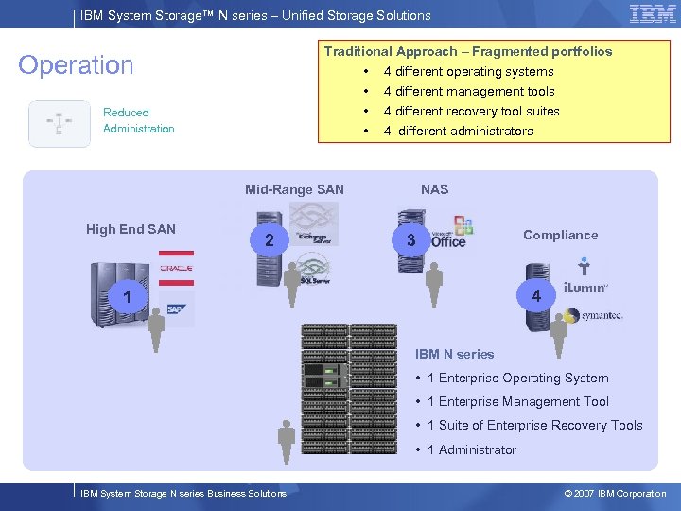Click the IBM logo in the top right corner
[653, 14]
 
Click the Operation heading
[77, 65]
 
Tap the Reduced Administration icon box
[60, 123]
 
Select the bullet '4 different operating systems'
[468, 72]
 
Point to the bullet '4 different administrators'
[458, 132]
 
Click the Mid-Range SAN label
[294, 189]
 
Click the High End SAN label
[131, 229]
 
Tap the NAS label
[434, 189]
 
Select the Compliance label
[560, 235]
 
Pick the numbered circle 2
[270, 240]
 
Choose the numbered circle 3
[410, 240]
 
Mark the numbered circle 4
[535, 296]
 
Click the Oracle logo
[176, 268]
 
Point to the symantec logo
[601, 315]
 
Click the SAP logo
[176, 308]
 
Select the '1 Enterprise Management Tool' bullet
[517, 402]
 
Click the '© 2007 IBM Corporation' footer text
[615, 494]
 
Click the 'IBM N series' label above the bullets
[454, 354]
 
